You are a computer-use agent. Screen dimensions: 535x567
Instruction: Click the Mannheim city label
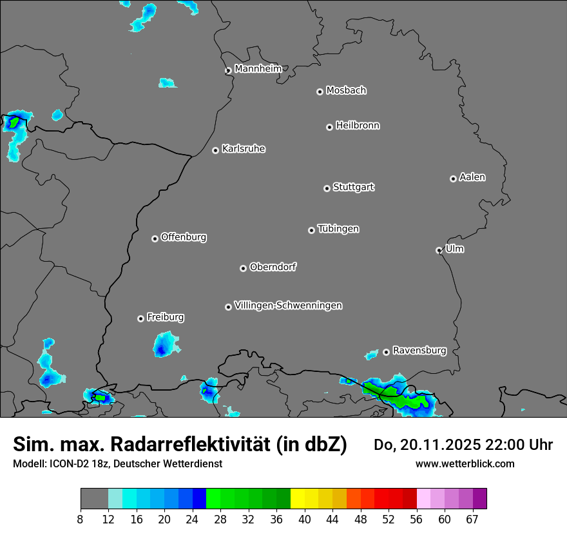pos(258,68)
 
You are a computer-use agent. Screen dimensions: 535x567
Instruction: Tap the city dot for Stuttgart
pos(327,188)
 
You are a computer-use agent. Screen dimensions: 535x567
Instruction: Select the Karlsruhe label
pos(244,149)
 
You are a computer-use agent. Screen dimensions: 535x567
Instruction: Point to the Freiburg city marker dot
pos(140,318)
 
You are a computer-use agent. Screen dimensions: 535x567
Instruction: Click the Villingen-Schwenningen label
pos(288,306)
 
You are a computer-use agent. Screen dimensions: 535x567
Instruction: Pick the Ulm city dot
pos(439,250)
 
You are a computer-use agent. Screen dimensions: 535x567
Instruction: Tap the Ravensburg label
pos(419,351)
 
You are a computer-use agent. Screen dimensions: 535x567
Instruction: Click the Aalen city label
pos(472,177)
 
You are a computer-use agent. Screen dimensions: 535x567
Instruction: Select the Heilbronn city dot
pos(329,127)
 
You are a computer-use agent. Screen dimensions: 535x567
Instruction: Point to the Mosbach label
pos(346,90)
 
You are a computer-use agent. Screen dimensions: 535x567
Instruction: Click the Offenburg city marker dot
pos(155,238)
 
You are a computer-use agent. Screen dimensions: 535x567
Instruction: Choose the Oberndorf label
pos(273,267)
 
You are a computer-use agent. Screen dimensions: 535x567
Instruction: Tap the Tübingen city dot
pos(311,230)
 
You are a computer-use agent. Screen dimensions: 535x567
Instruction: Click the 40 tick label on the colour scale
pos(304,519)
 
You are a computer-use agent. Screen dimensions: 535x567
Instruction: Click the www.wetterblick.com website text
pos(465,463)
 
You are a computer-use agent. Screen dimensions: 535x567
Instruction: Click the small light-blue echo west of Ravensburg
pos(372,355)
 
